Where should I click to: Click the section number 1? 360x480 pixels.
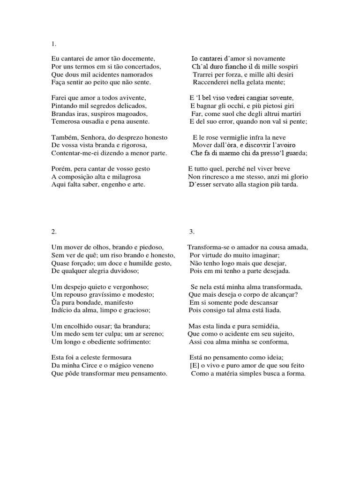[53, 44]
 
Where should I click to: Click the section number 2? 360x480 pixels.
[53, 232]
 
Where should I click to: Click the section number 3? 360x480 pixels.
[191, 232]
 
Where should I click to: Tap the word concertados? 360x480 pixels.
[141, 67]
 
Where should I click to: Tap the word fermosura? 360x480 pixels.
[112, 357]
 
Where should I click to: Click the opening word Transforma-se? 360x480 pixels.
[208, 247]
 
